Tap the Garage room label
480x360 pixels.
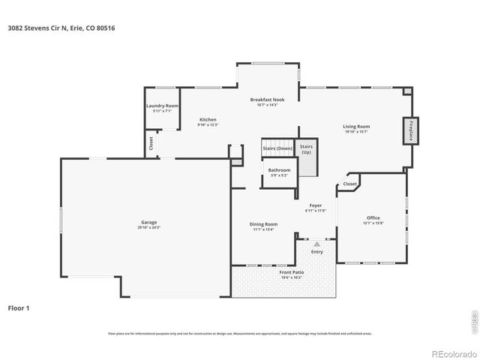[x=148, y=222]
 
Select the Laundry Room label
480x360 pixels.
[x=162, y=106]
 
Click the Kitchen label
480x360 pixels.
[x=208, y=119]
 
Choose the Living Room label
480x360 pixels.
[x=356, y=127]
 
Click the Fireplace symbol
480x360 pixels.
[x=410, y=130]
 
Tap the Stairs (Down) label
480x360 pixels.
[x=277, y=148]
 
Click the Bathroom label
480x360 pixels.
[x=279, y=170]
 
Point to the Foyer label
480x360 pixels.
[x=316, y=205]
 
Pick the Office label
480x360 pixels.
[x=373, y=218]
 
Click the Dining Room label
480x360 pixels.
[x=263, y=223]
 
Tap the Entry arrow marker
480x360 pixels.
[x=316, y=244]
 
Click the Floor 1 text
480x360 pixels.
[x=19, y=307]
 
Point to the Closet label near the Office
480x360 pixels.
[x=350, y=184]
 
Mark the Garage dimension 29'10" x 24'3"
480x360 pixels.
[x=148, y=227]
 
